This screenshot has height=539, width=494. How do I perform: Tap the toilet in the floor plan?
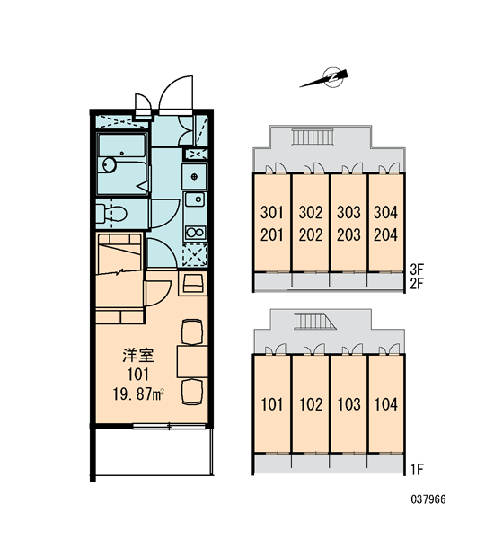click(111, 214)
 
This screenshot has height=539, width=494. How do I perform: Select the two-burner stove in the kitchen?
click(195, 233)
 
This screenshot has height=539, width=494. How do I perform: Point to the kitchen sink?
click(195, 199)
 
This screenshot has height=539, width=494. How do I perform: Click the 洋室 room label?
click(137, 355)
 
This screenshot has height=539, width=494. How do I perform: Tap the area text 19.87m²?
click(137, 394)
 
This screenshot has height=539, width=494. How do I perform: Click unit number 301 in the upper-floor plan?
click(272, 212)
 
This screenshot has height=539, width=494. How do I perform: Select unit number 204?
click(385, 235)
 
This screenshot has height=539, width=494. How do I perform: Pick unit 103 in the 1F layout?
click(348, 404)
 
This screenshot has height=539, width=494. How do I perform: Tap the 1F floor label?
click(418, 469)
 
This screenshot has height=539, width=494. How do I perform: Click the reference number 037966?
click(428, 499)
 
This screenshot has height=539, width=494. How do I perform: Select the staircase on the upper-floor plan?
click(313, 137)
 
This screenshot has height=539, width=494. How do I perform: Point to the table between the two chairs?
click(192, 362)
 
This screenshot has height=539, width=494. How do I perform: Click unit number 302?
click(311, 212)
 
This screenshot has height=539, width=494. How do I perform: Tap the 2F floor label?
click(417, 284)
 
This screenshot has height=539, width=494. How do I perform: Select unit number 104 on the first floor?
click(385, 404)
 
